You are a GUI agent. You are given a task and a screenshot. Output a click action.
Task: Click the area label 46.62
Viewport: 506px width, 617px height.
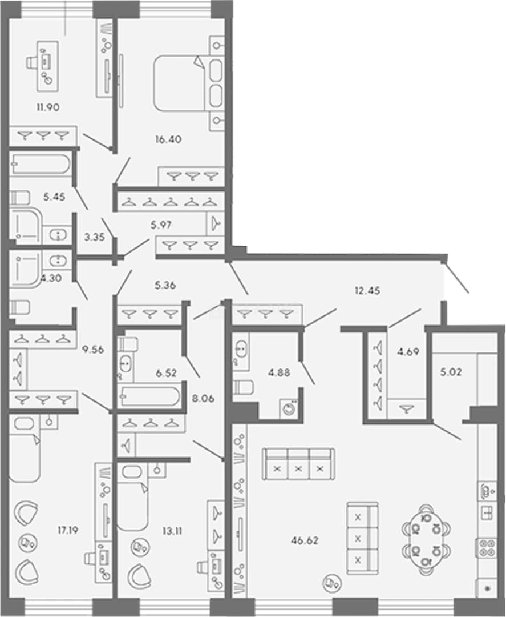coord(305,540)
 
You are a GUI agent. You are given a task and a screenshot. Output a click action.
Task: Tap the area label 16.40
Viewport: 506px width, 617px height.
coord(168,139)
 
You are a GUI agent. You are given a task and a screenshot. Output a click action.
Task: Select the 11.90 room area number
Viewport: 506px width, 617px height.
coord(48,107)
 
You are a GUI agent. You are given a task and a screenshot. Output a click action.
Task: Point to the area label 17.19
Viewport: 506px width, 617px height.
coord(68,530)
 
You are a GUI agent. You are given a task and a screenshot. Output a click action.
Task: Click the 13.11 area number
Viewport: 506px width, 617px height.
coord(172,531)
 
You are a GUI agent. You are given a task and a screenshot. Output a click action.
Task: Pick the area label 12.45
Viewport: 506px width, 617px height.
coord(367,291)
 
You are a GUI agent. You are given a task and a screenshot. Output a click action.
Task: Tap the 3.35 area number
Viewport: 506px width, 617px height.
coord(94,237)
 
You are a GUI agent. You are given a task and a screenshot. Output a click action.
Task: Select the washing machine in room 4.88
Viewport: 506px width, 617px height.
coord(289,408)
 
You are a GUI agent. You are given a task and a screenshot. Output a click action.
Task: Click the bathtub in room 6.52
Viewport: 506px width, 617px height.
coord(149,396)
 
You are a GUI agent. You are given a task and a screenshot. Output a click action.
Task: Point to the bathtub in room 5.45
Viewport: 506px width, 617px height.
coord(41,164)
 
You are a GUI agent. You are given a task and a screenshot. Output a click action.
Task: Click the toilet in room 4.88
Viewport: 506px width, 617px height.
coord(243,387)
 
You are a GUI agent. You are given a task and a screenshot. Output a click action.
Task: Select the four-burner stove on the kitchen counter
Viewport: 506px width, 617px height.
coord(488,548)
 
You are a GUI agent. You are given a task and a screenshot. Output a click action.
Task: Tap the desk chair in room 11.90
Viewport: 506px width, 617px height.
coord(32,63)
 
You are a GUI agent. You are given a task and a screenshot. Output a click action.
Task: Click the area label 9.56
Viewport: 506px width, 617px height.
coord(93,349)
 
